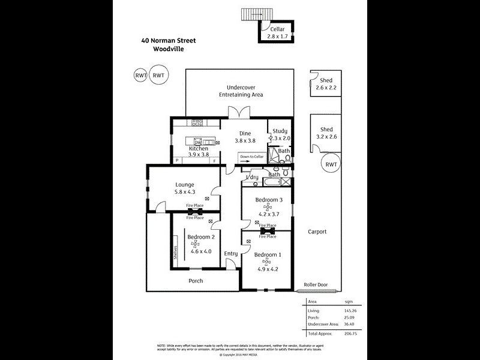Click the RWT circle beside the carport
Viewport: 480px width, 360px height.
tap(330, 164)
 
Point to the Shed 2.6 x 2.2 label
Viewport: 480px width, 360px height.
tap(326, 85)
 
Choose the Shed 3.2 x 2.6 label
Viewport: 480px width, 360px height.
tap(326, 133)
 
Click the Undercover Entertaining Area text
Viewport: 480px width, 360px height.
tap(240, 91)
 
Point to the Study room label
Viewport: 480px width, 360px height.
tap(280, 131)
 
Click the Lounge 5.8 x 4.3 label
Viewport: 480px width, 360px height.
tap(184, 188)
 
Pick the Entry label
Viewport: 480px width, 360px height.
tap(231, 254)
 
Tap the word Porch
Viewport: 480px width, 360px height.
tap(196, 281)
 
